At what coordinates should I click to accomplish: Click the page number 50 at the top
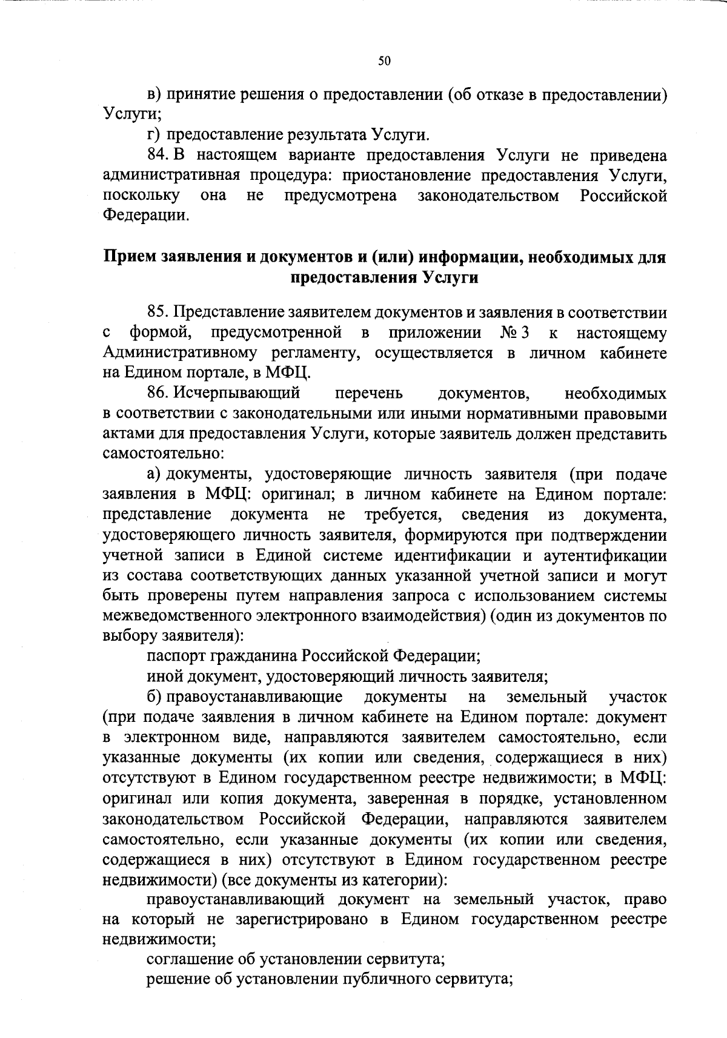click(385, 61)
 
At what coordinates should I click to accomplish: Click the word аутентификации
click(607, 555)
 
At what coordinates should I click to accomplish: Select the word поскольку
click(141, 196)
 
